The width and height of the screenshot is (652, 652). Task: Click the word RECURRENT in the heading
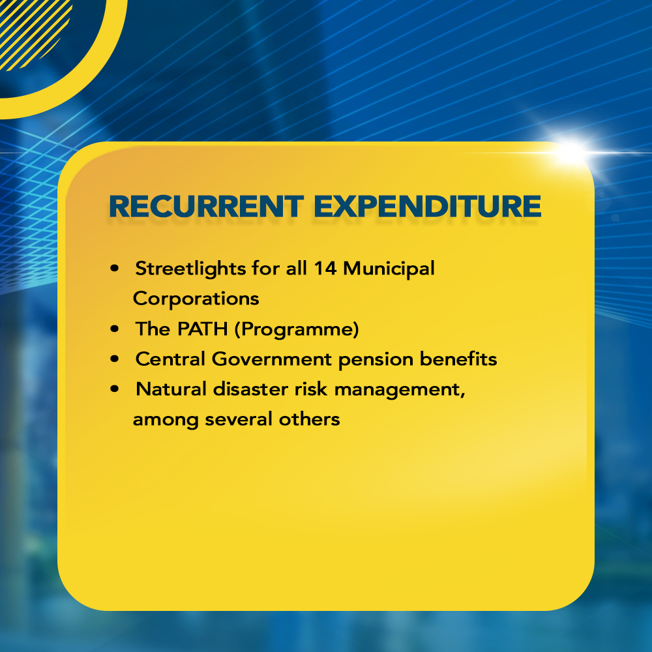click(206, 206)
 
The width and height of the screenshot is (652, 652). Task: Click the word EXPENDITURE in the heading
click(428, 206)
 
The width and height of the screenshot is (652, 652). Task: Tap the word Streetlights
click(190, 269)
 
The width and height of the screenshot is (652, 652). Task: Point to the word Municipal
click(389, 269)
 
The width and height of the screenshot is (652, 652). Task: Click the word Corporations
click(196, 299)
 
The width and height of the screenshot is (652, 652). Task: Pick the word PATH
click(203, 329)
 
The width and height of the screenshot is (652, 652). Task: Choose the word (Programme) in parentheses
click(297, 329)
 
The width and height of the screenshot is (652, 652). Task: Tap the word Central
click(170, 359)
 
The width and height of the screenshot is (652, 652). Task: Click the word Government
click(272, 359)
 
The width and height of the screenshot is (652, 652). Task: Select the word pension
click(376, 360)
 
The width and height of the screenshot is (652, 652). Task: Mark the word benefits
click(458, 359)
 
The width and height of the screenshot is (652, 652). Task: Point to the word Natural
click(171, 389)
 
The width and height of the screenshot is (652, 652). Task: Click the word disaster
click(250, 389)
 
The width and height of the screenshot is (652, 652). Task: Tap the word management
click(400, 391)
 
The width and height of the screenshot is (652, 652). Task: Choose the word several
click(239, 419)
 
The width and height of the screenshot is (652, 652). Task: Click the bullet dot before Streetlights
click(115, 268)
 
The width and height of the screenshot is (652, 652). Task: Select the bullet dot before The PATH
click(115, 329)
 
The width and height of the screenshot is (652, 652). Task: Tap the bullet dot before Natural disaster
click(115, 389)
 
